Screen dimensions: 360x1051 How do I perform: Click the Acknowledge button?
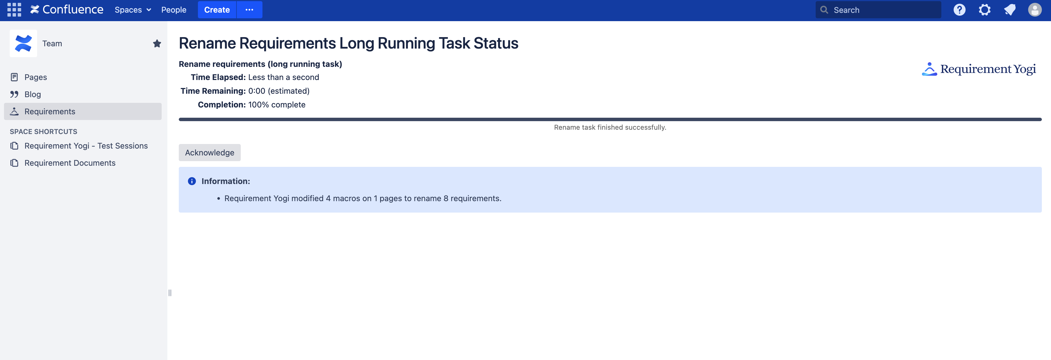(209, 153)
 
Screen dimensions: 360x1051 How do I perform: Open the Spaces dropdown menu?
(133, 10)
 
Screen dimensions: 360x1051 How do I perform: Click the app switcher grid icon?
(14, 10)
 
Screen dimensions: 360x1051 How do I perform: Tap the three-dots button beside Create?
(249, 10)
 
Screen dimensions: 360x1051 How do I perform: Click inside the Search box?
(881, 10)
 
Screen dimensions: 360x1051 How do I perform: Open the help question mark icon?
(959, 10)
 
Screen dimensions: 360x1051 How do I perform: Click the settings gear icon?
(984, 10)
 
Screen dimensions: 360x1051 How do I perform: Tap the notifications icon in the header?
(1010, 10)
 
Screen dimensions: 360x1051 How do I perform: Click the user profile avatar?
(1035, 10)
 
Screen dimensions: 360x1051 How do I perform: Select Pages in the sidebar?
(35, 77)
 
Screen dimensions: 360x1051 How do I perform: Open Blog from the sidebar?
(33, 94)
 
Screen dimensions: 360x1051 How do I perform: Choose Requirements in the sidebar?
(50, 111)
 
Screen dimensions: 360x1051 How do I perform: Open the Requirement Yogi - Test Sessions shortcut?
(86, 146)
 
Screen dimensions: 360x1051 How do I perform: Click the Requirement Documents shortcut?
(70, 163)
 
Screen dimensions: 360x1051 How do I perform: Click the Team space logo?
(23, 43)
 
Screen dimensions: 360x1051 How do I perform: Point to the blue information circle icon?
(192, 181)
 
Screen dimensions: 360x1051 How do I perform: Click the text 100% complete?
(277, 105)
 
